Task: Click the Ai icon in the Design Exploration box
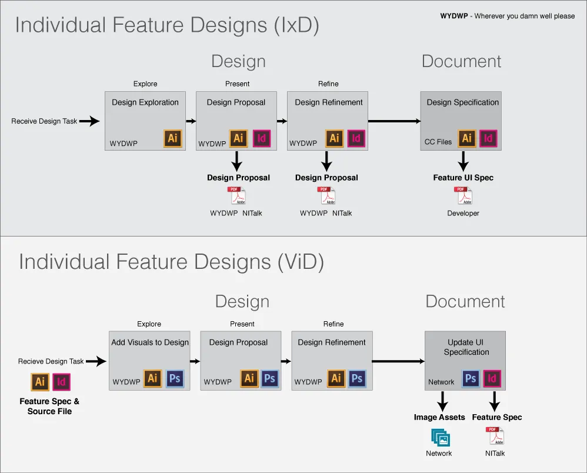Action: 173,138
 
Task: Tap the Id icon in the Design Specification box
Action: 488,138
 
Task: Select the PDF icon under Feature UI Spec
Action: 462,196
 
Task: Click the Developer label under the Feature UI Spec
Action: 463,213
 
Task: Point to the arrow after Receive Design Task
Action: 90,121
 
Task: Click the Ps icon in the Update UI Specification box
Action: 471,379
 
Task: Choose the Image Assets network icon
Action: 439,437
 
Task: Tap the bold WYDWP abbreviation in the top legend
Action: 454,16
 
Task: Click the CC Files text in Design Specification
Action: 438,142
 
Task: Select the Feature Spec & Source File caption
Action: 49,406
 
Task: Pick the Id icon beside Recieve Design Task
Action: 61,382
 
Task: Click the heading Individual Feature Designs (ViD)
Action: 171,262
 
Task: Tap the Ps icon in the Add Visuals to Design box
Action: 175,378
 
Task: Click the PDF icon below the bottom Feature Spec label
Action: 495,436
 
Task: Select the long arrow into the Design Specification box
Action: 394,121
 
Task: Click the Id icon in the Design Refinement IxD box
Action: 355,138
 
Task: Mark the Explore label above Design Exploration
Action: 145,84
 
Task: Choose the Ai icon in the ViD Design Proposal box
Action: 249,378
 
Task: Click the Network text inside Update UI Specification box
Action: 441,382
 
